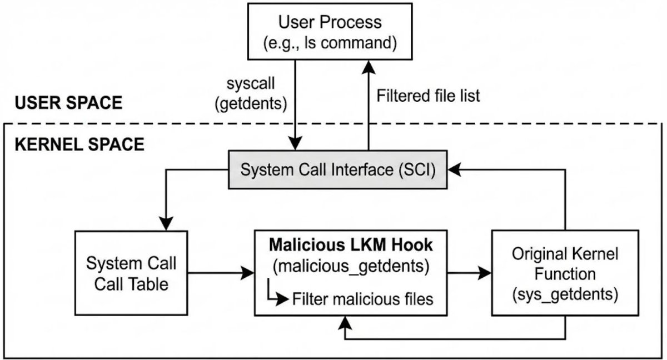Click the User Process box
tap(330, 32)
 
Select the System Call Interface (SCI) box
tap(338, 169)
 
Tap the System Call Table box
tap(131, 273)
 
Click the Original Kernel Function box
tap(565, 273)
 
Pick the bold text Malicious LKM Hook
tap(351, 245)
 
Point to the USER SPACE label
tap(68, 103)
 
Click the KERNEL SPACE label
tap(79, 144)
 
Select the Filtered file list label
tap(428, 96)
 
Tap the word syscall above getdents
tap(251, 83)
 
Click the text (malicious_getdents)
tap(351, 266)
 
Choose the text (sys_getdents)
tap(565, 294)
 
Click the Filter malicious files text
tap(362, 299)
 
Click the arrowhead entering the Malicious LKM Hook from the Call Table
tap(248, 273)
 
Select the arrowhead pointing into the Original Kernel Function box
tap(485, 273)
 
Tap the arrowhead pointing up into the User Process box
tap(369, 67)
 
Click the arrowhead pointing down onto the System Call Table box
tap(166, 224)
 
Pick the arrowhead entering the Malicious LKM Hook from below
tap(345, 323)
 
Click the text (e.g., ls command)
tap(330, 43)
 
